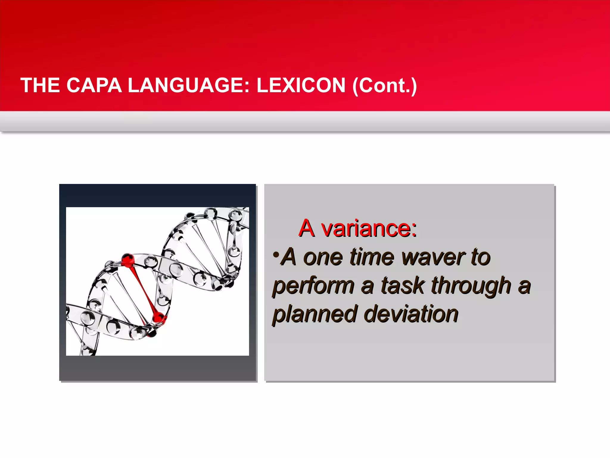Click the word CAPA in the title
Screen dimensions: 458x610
[x=94, y=86]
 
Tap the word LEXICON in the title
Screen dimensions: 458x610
[x=301, y=86]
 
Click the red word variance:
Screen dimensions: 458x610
[x=369, y=229]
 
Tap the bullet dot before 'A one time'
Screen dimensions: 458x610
[x=276, y=255]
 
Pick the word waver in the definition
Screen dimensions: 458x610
[x=433, y=257]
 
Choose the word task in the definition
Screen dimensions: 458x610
[x=403, y=286]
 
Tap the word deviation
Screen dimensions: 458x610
[x=411, y=314]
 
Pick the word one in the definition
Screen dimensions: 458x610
[x=323, y=257]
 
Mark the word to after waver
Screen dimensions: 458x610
[x=480, y=257]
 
